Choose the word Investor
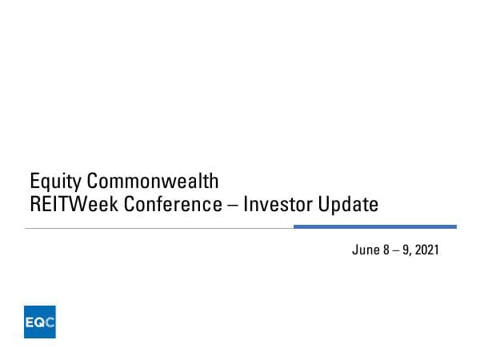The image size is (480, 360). (277, 205)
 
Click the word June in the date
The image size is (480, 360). (364, 250)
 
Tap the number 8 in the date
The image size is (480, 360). (385, 250)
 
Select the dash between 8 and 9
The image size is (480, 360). (394, 250)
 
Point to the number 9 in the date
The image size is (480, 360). (406, 250)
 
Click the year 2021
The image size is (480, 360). (427, 250)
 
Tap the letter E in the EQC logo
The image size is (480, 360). (30, 323)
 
